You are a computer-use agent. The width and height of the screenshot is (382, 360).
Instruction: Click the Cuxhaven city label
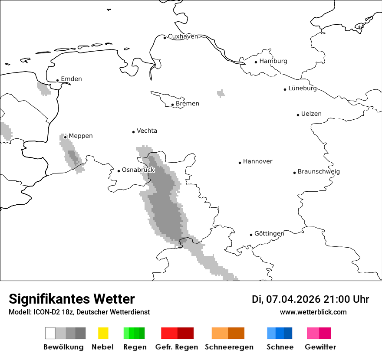[183, 36]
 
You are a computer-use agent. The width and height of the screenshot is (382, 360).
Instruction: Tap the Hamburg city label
[273, 61]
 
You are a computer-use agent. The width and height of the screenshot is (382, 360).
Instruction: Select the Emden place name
[71, 79]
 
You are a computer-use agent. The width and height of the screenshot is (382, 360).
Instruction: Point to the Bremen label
[188, 104]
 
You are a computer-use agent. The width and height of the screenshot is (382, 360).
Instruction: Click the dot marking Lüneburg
[285, 89]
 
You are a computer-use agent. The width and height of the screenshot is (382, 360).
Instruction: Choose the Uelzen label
[311, 114]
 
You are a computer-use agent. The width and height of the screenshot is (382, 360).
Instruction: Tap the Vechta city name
[147, 131]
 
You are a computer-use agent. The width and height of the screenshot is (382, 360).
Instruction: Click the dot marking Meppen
[66, 137]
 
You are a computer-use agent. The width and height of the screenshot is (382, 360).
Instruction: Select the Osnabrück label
[138, 170]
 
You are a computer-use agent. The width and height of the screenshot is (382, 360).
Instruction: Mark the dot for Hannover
[240, 163]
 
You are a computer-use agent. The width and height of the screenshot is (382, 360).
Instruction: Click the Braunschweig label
[319, 172]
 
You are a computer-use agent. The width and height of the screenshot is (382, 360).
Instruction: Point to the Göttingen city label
[269, 234]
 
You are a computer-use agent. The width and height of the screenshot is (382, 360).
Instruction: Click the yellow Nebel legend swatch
[103, 333]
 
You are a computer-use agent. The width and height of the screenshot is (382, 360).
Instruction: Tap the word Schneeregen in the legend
[229, 347]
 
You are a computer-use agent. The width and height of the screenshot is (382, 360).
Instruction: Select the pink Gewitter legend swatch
[313, 333]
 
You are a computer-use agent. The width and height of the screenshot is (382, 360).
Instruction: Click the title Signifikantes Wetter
[72, 299]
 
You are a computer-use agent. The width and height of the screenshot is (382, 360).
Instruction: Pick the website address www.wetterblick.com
[313, 312]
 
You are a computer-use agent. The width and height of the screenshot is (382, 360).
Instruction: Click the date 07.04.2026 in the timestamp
[293, 299]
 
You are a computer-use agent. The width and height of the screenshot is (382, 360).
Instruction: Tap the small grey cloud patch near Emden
[44, 88]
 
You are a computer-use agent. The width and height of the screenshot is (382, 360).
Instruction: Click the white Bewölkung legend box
[50, 333]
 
